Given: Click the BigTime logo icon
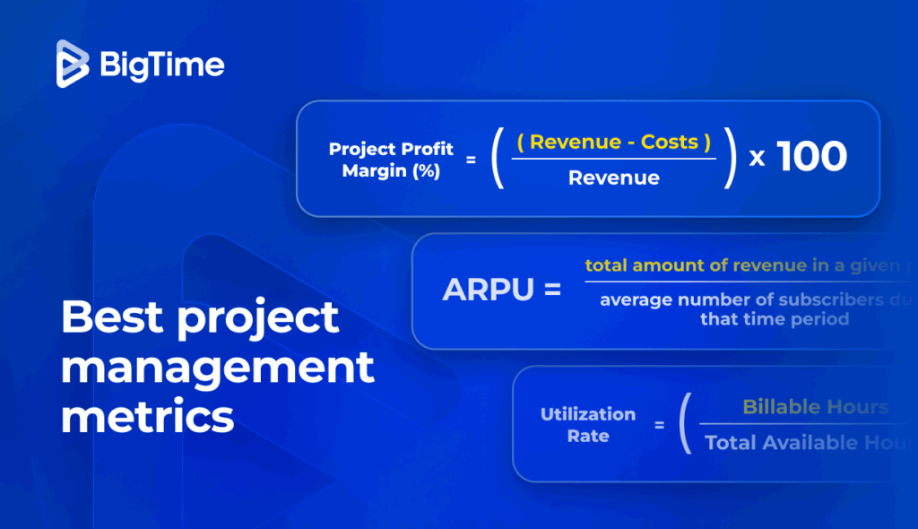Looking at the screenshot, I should coord(73,65).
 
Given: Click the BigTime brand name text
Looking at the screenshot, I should coord(162,65).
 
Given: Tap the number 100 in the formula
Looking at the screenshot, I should coord(811,158).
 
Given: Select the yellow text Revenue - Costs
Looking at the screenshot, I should coord(614,142).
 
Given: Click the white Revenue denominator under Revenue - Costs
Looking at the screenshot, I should coord(614,178).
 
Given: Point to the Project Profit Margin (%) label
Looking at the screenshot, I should coord(391,160).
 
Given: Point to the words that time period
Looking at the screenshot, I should coord(775,319).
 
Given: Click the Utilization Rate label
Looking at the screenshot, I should coord(587,425).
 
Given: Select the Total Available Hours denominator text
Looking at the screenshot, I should coord(807,443).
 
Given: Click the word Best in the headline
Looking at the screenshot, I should coord(112,318).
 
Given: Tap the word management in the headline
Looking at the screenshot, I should coord(217,368).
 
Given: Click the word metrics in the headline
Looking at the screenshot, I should coord(148,417).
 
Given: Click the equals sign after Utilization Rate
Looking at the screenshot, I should coord(659,425).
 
